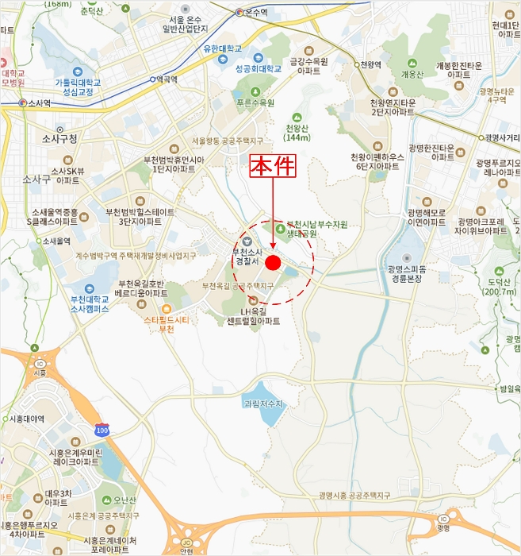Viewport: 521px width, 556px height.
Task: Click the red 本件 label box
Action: [x=273, y=166]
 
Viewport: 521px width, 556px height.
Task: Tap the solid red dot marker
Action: [x=274, y=263]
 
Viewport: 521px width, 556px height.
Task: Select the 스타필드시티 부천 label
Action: [x=166, y=323]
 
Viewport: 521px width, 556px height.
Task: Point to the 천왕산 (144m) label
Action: [x=296, y=133]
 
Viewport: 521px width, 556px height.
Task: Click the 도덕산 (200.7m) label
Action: [x=499, y=287]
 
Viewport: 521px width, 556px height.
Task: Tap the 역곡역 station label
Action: [x=169, y=79]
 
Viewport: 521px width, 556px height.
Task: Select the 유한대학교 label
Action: [x=221, y=48]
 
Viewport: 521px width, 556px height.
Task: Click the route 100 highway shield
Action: [x=102, y=430]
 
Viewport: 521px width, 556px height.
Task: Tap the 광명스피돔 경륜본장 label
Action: [x=407, y=274]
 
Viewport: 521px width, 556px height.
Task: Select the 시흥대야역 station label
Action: [x=26, y=419]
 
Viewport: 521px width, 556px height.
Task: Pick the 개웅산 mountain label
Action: [x=413, y=74]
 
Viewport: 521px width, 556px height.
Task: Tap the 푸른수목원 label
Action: [x=255, y=102]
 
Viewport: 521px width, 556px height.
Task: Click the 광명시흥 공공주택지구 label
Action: [x=355, y=495]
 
